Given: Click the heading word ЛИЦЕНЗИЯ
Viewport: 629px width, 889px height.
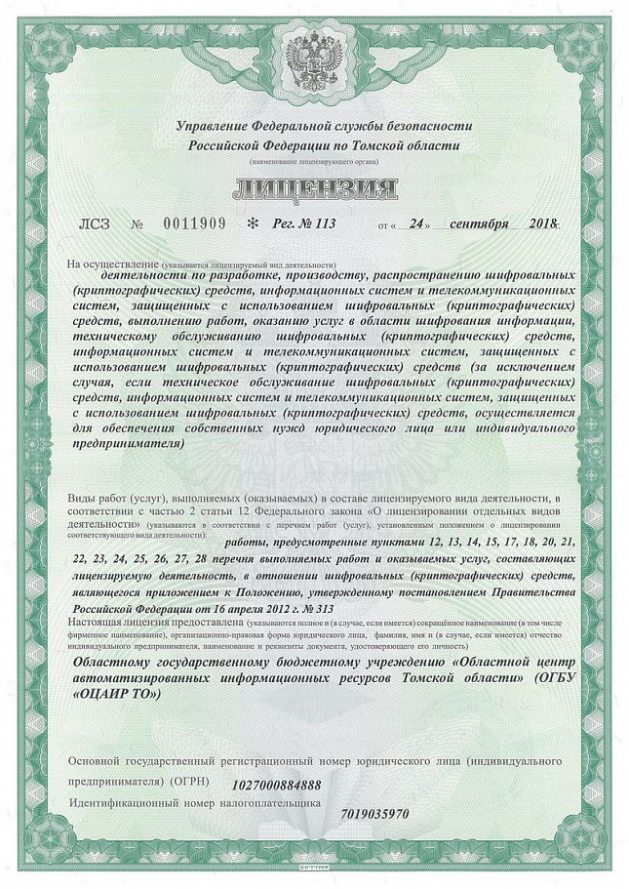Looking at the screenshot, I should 314,187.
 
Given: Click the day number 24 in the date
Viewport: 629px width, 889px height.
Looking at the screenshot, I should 420,223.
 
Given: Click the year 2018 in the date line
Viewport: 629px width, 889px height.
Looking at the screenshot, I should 541,223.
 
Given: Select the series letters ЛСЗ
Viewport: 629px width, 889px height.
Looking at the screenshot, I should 94,223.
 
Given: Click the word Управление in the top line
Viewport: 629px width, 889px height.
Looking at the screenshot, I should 212,126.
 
